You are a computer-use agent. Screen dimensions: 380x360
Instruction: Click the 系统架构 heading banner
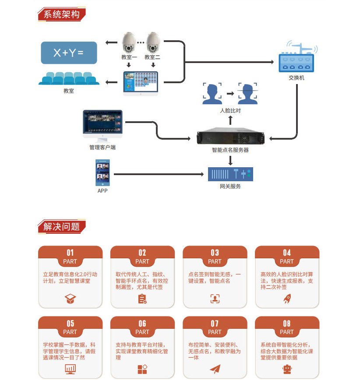(x=61, y=14)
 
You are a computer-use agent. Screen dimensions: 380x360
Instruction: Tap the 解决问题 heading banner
(x=61, y=226)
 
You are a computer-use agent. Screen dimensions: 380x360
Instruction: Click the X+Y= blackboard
(x=68, y=53)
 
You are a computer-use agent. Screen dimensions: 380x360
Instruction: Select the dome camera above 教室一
(x=129, y=42)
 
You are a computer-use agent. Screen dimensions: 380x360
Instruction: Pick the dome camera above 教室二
(x=152, y=42)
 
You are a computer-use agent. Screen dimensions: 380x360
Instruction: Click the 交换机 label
(x=296, y=78)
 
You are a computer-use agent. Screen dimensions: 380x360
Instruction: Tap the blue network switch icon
(x=296, y=60)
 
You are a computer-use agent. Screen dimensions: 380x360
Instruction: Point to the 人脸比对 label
(x=230, y=111)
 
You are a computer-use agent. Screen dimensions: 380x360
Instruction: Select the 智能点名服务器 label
(x=230, y=150)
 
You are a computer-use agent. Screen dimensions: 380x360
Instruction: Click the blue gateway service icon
(x=230, y=174)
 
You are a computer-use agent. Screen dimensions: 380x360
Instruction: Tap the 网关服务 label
(x=230, y=186)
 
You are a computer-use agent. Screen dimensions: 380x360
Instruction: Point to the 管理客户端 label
(x=102, y=148)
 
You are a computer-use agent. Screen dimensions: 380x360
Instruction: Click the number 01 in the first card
(x=70, y=253)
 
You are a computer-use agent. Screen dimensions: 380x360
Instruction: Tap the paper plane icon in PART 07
(x=215, y=369)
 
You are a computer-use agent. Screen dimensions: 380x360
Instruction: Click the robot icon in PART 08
(x=287, y=369)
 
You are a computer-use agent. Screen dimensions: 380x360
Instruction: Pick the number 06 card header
(x=142, y=327)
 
